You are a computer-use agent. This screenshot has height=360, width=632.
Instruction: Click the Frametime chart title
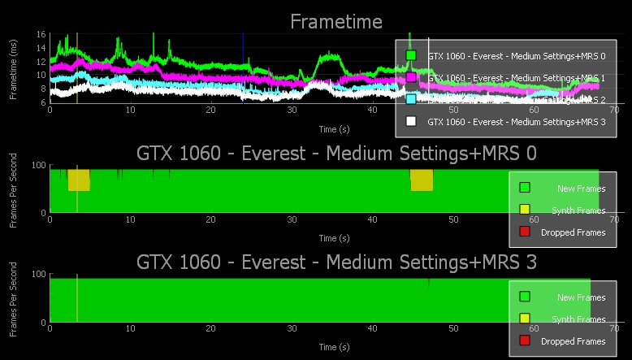point(336,21)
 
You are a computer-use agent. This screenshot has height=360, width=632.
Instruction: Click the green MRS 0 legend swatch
point(411,55)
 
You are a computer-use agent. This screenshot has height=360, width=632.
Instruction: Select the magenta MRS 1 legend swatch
point(411,77)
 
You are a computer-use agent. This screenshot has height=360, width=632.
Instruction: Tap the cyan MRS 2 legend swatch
point(411,99)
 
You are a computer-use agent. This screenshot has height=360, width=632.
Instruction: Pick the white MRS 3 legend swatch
point(411,121)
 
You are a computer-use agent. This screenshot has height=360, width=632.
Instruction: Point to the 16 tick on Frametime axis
point(41,35)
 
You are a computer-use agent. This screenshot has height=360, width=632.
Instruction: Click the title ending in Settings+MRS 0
point(336,153)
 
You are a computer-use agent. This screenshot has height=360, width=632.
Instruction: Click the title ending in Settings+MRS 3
point(336,262)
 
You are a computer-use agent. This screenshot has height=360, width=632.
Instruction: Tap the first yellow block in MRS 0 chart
point(78,180)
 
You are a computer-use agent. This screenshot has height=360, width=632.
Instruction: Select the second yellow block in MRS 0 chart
point(422,180)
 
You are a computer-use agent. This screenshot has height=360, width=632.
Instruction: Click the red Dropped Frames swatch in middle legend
point(525,232)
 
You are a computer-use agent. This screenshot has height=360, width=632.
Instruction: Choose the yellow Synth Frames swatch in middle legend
point(525,210)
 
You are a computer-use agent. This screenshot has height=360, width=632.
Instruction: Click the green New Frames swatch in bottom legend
point(525,297)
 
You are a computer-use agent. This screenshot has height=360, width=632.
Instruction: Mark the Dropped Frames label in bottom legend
point(573,342)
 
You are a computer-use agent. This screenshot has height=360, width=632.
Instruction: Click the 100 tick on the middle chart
point(38,166)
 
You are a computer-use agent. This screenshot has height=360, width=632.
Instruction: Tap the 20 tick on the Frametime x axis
point(210,110)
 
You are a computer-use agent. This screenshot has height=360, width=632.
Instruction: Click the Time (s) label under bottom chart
point(334,347)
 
